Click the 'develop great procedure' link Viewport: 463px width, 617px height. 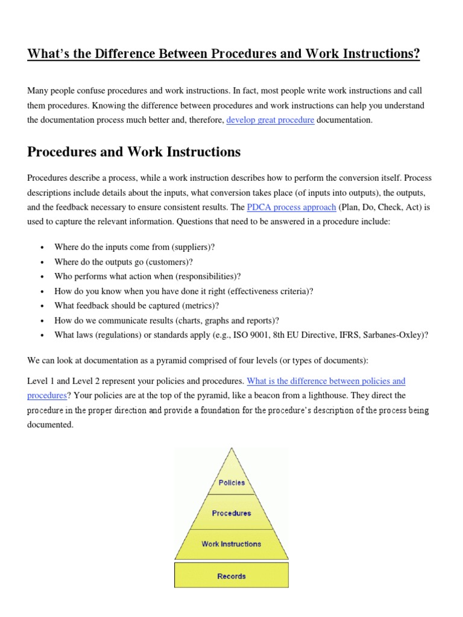click(270, 120)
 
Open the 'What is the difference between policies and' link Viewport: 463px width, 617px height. click(326, 381)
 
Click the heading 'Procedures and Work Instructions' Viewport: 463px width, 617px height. click(134, 152)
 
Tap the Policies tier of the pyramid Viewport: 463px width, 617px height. click(231, 483)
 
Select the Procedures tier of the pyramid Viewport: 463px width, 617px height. click(231, 513)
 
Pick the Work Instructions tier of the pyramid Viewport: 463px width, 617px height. click(231, 543)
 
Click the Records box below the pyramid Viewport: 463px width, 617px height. click(231, 576)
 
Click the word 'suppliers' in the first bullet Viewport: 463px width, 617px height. click(193, 247)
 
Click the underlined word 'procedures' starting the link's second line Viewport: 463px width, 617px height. click(46, 396)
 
